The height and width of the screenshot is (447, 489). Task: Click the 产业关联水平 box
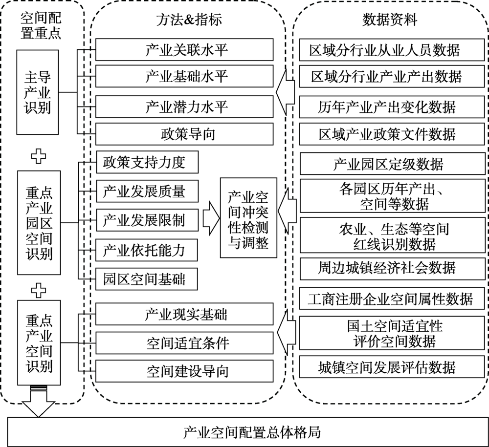point(184,49)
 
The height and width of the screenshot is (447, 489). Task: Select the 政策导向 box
point(184,134)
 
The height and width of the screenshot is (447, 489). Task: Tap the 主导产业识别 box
point(38,92)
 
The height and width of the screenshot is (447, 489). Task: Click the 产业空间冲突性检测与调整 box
point(248,218)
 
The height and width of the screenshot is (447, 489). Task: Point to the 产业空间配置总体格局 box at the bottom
point(248,432)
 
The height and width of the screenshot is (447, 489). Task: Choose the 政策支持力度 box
point(147,162)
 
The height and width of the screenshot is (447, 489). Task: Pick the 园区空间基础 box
point(147,279)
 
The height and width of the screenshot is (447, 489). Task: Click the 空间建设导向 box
point(184,371)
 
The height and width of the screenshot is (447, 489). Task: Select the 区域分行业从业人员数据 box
point(392,49)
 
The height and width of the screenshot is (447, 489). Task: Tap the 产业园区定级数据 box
point(393,163)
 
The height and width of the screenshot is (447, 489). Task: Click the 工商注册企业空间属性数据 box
point(392,298)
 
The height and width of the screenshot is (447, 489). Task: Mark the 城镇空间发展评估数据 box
point(392,367)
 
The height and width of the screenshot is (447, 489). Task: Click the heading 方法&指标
point(189,20)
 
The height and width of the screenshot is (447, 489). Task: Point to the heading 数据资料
point(390,20)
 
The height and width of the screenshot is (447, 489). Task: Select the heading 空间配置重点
point(41,26)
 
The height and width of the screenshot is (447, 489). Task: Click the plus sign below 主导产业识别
point(39,156)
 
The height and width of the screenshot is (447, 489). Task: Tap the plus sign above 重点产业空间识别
point(39,291)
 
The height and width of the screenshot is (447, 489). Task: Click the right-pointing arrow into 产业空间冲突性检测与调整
point(211,218)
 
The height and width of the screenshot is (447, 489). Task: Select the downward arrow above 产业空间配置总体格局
point(38,401)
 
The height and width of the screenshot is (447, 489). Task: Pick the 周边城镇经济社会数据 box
point(393,268)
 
